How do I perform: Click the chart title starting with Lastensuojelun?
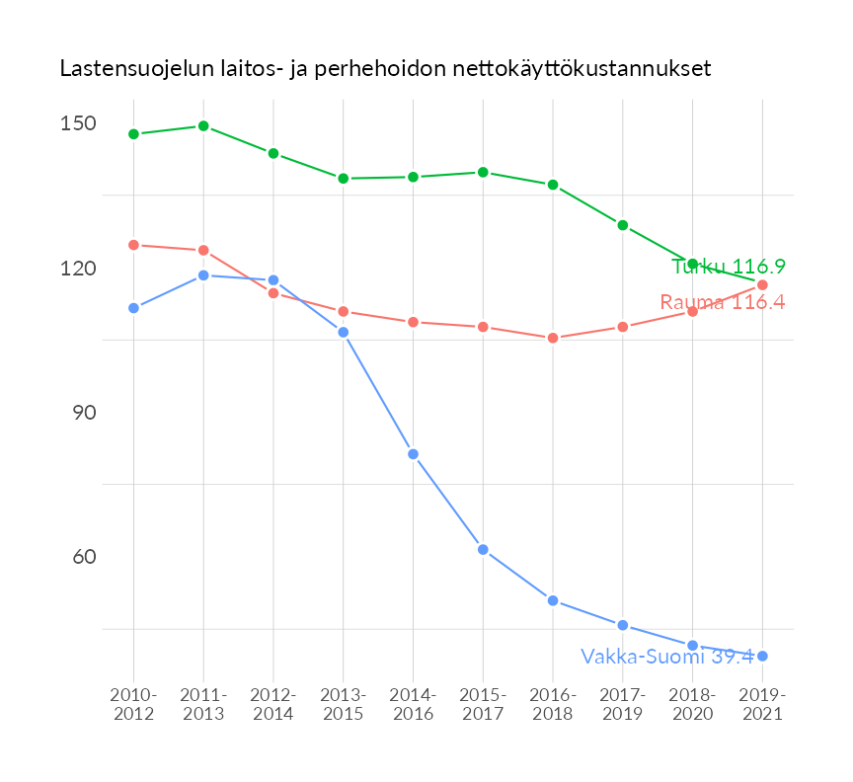tap(385, 69)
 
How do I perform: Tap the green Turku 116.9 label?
tap(728, 267)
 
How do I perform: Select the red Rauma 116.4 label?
tap(722, 303)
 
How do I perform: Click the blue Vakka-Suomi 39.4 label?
tap(666, 657)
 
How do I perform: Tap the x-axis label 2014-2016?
tap(413, 705)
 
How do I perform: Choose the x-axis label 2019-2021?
tap(762, 705)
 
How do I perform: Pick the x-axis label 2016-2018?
tap(553, 705)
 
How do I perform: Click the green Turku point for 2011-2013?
tap(203, 126)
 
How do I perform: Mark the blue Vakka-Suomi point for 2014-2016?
tap(413, 454)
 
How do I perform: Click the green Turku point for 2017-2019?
tap(623, 225)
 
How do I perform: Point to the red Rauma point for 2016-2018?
tap(553, 338)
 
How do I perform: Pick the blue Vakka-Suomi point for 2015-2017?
tap(483, 549)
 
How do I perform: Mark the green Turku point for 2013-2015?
tap(344, 179)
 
